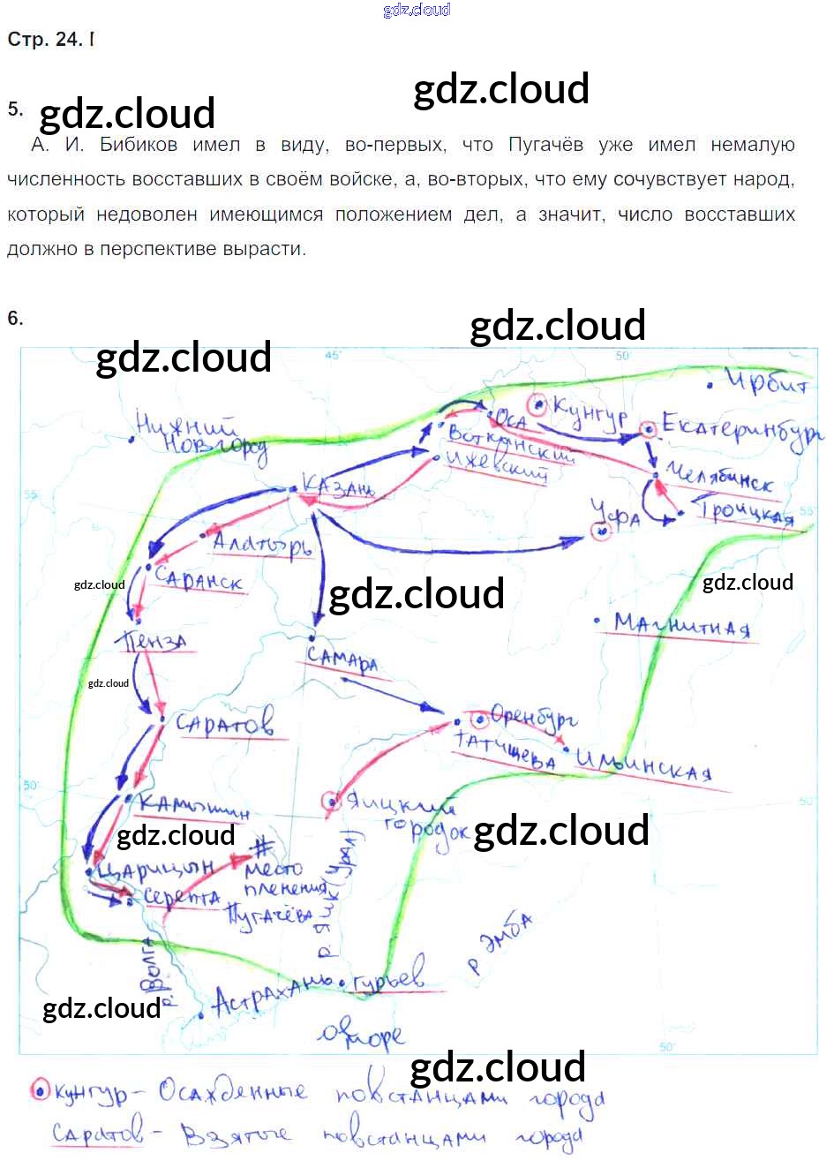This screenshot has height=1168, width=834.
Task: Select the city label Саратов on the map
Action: coord(225,723)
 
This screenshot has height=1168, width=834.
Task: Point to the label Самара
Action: coord(342,659)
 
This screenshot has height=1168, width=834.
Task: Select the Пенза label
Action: coord(156,641)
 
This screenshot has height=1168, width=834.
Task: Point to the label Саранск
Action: coord(198,579)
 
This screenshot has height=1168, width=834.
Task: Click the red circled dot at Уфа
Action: coord(601,531)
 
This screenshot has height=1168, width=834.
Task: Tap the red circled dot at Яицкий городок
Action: coord(332,801)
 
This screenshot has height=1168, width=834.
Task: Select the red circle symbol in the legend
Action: coord(40,1091)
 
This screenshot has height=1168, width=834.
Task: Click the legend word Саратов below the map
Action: coord(97,1133)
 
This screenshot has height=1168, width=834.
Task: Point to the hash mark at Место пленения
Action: coord(262,848)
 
